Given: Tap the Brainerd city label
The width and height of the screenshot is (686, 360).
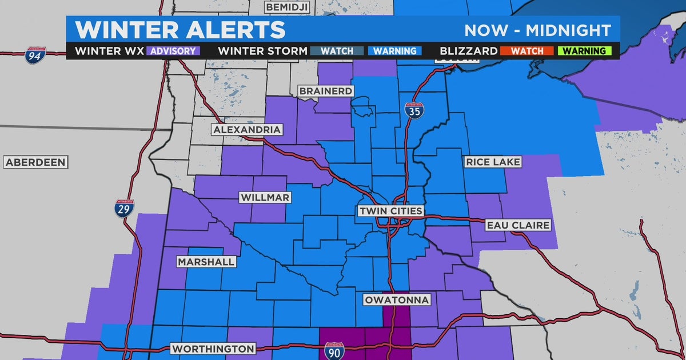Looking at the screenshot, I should pyautogui.click(x=326, y=91).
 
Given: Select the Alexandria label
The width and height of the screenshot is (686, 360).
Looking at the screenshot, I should pyautogui.click(x=247, y=130).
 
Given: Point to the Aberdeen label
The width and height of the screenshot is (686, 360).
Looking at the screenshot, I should pyautogui.click(x=35, y=162).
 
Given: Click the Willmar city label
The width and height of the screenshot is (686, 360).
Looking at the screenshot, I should pyautogui.click(x=265, y=197).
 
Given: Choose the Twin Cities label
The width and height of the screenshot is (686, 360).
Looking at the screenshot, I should pyautogui.click(x=390, y=211).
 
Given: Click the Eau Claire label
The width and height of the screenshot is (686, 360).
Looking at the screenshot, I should pyautogui.click(x=518, y=225).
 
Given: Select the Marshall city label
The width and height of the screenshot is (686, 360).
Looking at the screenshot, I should pyautogui.click(x=206, y=262).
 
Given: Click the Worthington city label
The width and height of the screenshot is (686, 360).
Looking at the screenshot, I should pyautogui.click(x=213, y=348).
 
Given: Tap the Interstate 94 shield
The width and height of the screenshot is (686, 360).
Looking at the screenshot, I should pyautogui.click(x=35, y=56).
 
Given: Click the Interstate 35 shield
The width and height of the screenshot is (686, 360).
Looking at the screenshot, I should pyautogui.click(x=414, y=111).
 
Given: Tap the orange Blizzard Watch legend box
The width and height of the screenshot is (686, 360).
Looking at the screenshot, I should pyautogui.click(x=528, y=51).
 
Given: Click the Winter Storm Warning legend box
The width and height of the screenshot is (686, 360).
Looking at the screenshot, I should pyautogui.click(x=394, y=51).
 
